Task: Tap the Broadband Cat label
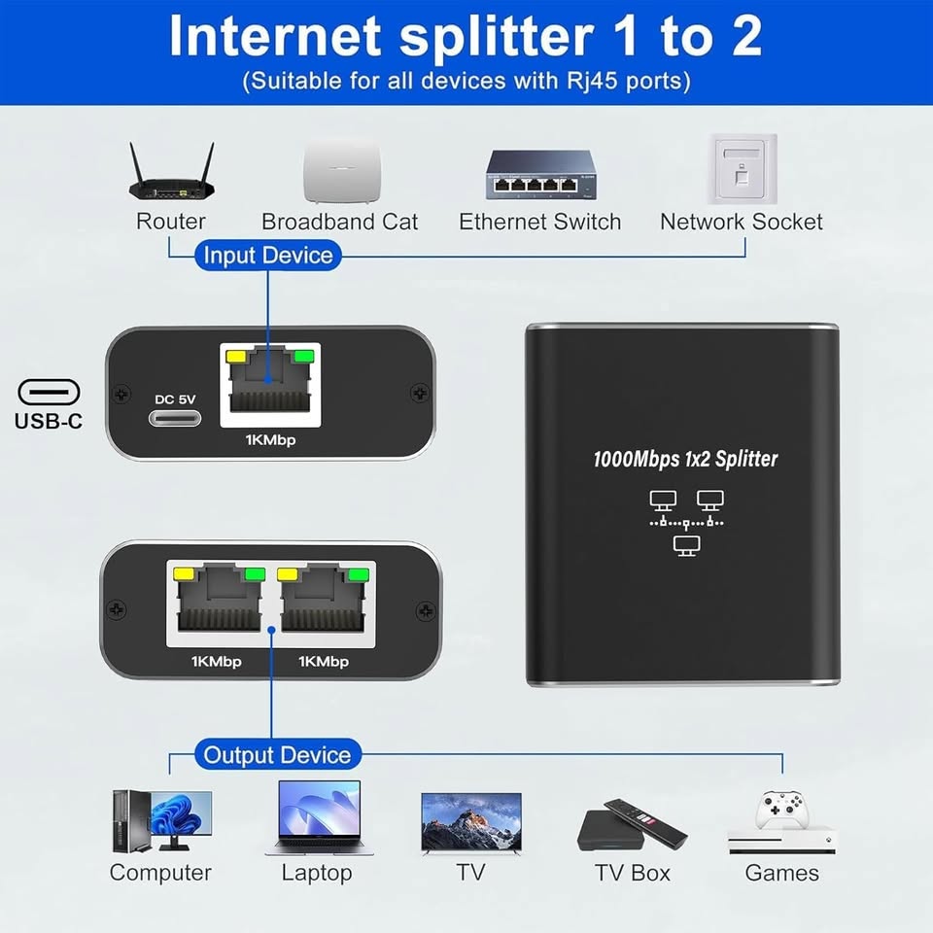(340, 222)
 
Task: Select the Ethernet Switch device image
(541, 174)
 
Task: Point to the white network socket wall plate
(742, 169)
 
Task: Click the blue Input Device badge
(268, 256)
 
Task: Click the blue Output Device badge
(277, 754)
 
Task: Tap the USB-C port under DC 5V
(175, 418)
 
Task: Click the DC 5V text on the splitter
(175, 399)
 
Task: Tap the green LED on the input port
(304, 357)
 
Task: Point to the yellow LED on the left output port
(183, 574)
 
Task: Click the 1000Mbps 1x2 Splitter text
(685, 459)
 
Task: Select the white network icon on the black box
(686, 523)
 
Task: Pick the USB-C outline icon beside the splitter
(49, 392)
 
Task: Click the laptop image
(319, 817)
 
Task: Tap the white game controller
(781, 810)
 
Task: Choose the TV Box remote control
(646, 823)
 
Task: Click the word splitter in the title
(497, 37)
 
